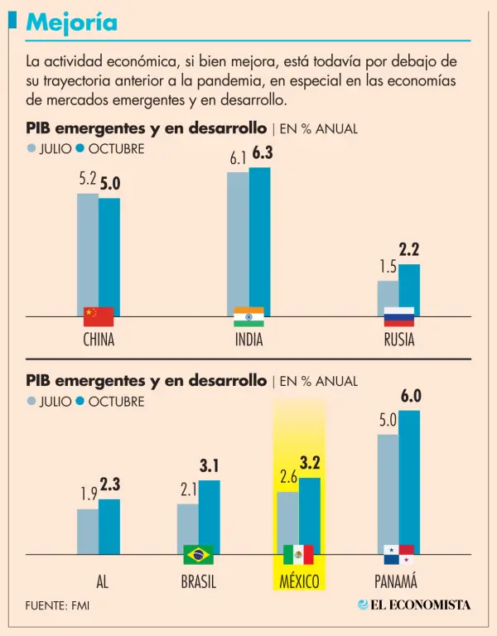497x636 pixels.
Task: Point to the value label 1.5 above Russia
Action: [388, 267]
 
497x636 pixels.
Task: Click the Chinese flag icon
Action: [99, 316]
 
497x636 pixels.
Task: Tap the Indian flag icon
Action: [248, 316]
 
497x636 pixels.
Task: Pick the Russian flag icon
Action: [398, 316]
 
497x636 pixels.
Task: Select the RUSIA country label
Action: [398, 340]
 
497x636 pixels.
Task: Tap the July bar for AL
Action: [88, 531]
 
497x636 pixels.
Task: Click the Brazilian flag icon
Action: [198, 554]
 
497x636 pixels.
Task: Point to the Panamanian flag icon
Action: [398, 554]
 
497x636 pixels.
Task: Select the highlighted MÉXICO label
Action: [299, 581]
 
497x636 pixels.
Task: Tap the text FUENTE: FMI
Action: [57, 605]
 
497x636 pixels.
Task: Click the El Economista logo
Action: [414, 605]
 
